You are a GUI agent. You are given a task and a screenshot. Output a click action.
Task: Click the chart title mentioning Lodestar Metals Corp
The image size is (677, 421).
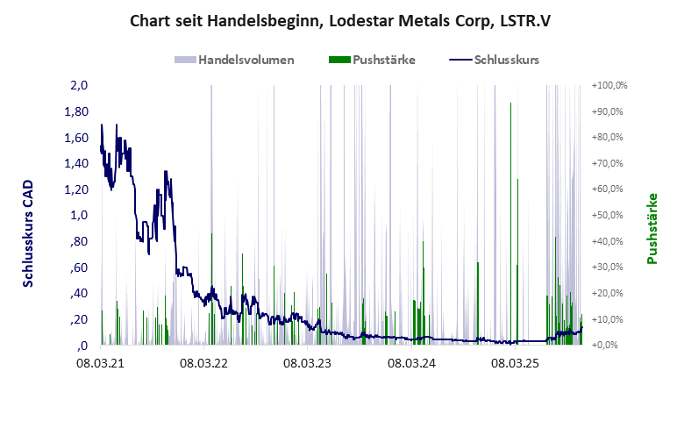[x=338, y=19]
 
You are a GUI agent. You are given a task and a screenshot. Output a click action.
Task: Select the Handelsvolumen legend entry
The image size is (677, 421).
[x=246, y=61]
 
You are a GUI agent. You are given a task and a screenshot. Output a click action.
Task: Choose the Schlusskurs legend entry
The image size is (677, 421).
[x=507, y=61]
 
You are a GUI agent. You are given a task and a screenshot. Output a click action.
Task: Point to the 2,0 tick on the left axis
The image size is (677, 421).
[x=80, y=86]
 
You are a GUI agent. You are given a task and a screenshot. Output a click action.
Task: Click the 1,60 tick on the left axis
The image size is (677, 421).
[x=78, y=138]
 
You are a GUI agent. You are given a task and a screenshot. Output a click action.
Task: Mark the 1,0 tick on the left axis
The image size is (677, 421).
[x=80, y=216]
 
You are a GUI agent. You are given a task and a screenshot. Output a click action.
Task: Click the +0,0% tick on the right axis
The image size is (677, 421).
[x=609, y=346]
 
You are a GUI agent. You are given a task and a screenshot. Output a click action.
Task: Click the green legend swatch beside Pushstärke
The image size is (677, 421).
[x=338, y=61]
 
